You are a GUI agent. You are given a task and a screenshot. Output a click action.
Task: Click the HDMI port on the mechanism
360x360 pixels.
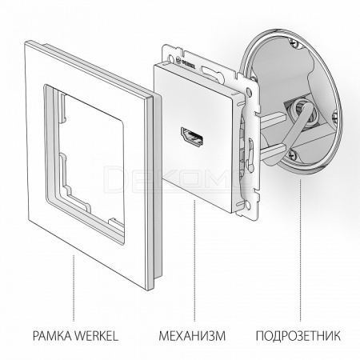[x=192, y=138]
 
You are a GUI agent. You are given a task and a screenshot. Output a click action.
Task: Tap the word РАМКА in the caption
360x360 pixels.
[x=51, y=336]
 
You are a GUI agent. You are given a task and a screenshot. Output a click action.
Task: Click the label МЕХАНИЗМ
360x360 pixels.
[x=192, y=336]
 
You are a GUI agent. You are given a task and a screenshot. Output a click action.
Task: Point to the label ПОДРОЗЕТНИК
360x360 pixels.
[x=298, y=336]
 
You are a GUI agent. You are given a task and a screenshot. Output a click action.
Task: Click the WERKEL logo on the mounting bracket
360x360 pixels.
[x=186, y=62]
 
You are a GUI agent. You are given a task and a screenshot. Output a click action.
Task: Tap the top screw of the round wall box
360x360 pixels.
[x=293, y=42]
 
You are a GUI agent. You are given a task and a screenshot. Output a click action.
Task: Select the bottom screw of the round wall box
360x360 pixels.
[x=292, y=154]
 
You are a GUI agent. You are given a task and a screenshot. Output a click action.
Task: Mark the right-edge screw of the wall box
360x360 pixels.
[x=335, y=117]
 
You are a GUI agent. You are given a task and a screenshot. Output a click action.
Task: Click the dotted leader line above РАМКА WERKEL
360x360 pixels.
[x=74, y=289]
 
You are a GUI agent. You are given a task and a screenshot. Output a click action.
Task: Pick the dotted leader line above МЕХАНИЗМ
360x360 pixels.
[x=194, y=260]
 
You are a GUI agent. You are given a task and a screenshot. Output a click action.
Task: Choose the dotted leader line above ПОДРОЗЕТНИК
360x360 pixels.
[x=300, y=250]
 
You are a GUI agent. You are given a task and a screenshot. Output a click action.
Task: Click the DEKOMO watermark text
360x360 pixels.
[x=178, y=178]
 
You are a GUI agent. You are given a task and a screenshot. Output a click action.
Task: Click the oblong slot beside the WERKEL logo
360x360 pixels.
[x=214, y=74]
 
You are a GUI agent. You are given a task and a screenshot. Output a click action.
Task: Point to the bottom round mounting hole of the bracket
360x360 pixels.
[x=248, y=205]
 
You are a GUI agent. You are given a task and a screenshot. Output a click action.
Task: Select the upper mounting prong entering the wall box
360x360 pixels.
[x=273, y=118]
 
